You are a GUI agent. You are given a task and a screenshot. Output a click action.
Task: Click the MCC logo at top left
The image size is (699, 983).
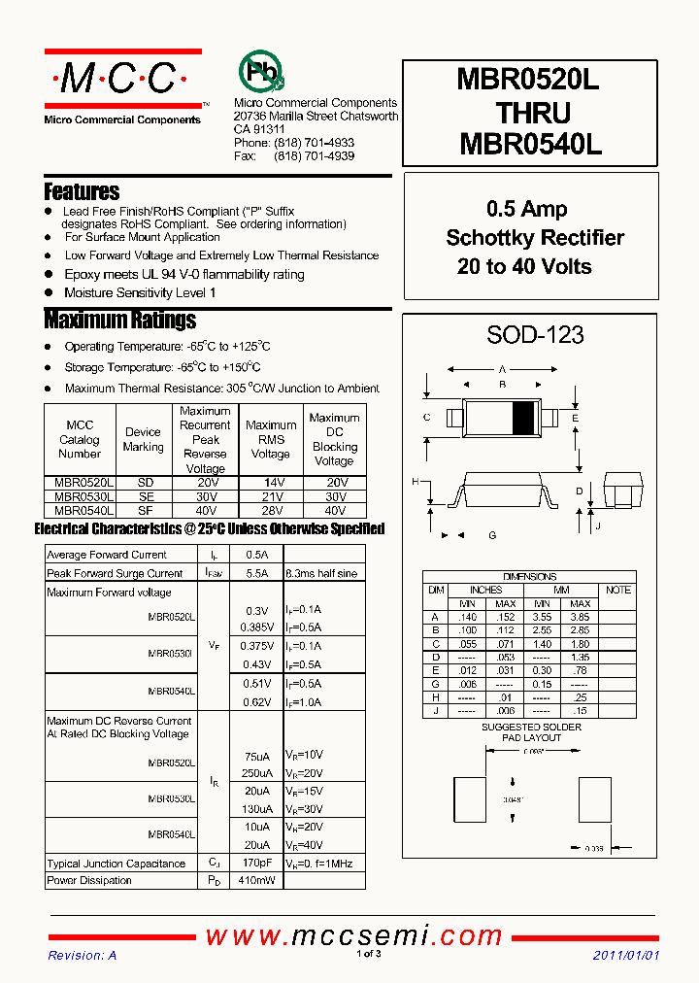pyautogui.click(x=122, y=80)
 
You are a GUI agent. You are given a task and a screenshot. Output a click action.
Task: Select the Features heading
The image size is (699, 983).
pyautogui.click(x=83, y=191)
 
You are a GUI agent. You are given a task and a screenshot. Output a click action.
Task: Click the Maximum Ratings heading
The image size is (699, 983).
pyautogui.click(x=120, y=320)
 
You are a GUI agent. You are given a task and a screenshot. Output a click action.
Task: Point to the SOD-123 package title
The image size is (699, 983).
pyautogui.click(x=535, y=335)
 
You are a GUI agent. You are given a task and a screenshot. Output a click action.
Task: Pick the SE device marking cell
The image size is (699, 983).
pyautogui.click(x=146, y=496)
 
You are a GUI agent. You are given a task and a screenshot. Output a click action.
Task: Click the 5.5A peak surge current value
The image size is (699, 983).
pyautogui.click(x=257, y=573)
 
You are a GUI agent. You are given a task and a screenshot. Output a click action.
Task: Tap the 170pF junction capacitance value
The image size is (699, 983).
pyautogui.click(x=257, y=863)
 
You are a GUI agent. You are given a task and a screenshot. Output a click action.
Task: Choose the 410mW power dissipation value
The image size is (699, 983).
pyautogui.click(x=257, y=880)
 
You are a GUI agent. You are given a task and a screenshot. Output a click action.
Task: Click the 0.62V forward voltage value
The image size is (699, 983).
pyautogui.click(x=257, y=701)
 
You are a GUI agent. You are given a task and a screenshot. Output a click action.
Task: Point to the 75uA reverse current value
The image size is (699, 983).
pyautogui.click(x=257, y=757)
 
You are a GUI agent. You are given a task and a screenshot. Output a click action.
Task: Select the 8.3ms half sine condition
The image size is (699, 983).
pyautogui.click(x=321, y=573)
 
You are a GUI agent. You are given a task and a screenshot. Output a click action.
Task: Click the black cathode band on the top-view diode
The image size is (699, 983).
pyautogui.click(x=522, y=418)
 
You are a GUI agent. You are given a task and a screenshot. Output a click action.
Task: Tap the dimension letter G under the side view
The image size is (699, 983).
pyautogui.click(x=492, y=535)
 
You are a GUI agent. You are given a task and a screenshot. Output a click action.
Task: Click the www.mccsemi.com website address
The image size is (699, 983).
pyautogui.click(x=353, y=936)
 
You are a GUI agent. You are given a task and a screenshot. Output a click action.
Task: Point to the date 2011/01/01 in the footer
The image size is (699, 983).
pyautogui.click(x=626, y=955)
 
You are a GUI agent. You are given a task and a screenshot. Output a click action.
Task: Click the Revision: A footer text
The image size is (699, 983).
pyautogui.click(x=83, y=955)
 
